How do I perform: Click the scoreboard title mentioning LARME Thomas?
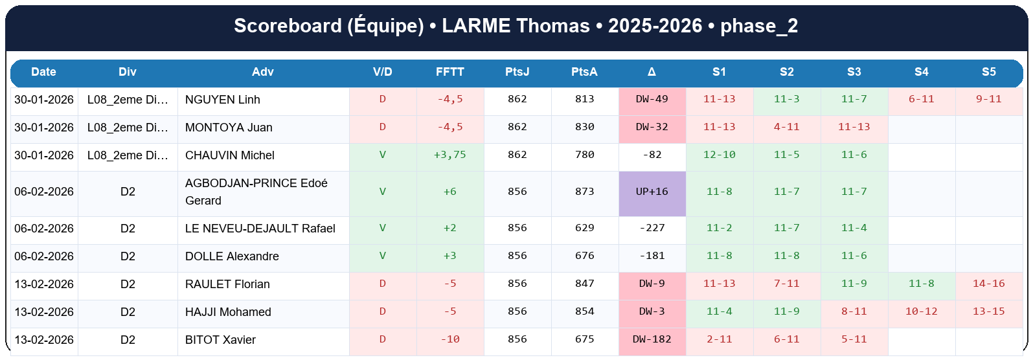pyautogui.click(x=516, y=26)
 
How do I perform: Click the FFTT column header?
pyautogui.click(x=449, y=72)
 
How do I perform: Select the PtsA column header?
pyautogui.click(x=584, y=72)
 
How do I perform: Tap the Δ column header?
pyautogui.click(x=652, y=72)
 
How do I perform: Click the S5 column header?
pyautogui.click(x=988, y=72)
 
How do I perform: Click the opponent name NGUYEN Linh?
pyautogui.click(x=223, y=100)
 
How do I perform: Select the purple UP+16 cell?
pyautogui.click(x=652, y=192)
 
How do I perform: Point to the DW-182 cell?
pyautogui.click(x=652, y=339)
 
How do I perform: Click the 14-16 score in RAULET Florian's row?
pyautogui.click(x=988, y=284)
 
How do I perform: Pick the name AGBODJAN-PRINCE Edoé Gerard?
pyautogui.click(x=256, y=192)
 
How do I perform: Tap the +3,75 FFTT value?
pyautogui.click(x=449, y=155)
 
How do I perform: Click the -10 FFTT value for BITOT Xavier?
pyautogui.click(x=449, y=339)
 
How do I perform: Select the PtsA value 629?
pyautogui.click(x=584, y=228)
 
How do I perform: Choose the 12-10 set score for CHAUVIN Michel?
pyautogui.click(x=719, y=155)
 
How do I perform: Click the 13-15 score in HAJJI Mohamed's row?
pyautogui.click(x=988, y=311)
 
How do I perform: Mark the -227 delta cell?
pyautogui.click(x=652, y=228)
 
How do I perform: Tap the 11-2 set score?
pyautogui.click(x=719, y=228)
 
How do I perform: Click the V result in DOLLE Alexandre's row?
pyautogui.click(x=382, y=256)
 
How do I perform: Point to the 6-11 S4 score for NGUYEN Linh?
pyautogui.click(x=921, y=99)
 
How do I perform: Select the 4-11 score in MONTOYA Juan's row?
pyautogui.click(x=786, y=127)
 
